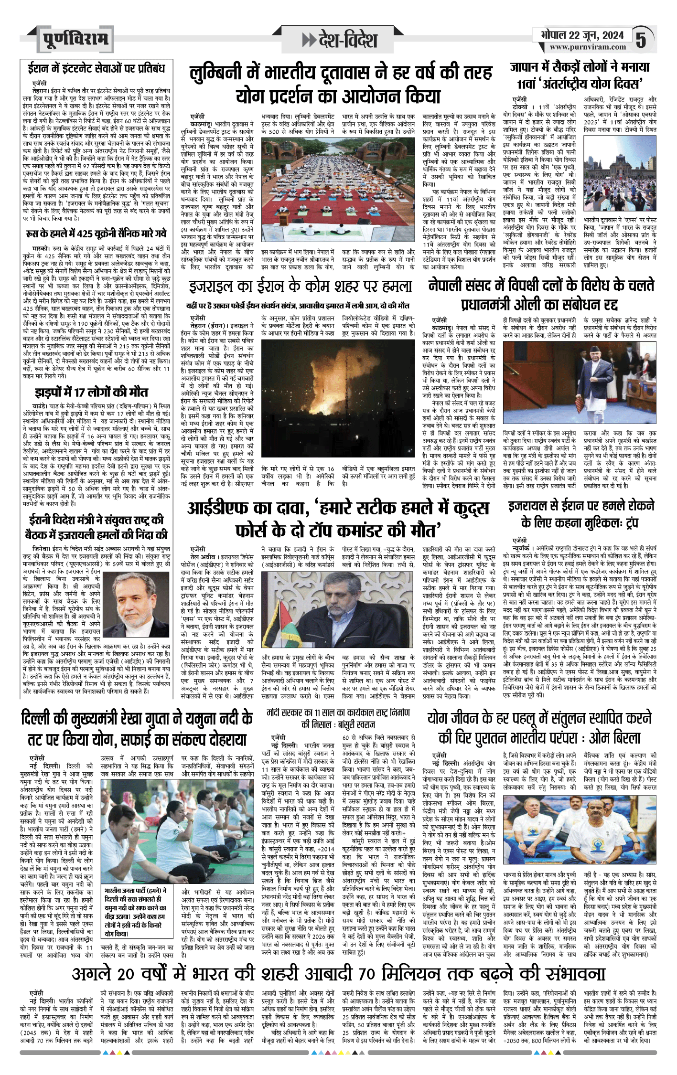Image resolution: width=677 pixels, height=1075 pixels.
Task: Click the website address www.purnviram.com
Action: (x=587, y=47)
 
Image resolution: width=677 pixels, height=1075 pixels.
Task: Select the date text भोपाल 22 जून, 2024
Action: (x=582, y=35)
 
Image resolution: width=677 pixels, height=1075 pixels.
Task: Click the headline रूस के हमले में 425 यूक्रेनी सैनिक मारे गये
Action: (x=96, y=233)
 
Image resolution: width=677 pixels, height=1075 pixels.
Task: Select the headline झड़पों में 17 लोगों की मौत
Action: (x=91, y=392)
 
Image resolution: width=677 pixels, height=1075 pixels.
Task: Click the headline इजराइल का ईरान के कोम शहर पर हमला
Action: (x=300, y=287)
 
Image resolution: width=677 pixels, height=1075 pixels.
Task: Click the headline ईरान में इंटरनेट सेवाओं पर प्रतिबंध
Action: (x=96, y=68)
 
